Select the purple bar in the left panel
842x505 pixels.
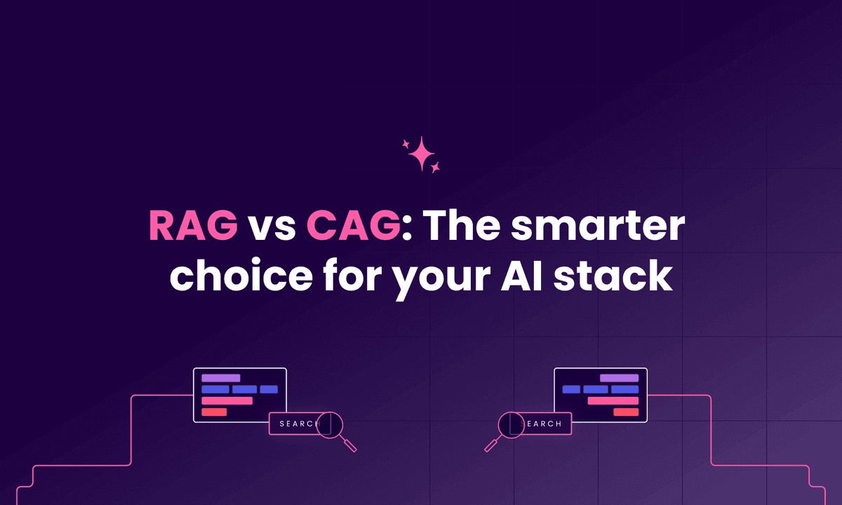pos(220,378)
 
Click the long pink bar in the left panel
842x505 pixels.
pos(227,400)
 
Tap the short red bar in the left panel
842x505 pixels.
pos(214,412)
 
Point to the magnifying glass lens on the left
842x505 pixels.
pos(329,424)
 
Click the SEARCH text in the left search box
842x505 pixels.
pos(299,424)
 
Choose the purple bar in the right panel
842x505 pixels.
pos(619,378)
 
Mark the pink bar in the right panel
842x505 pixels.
pos(613,400)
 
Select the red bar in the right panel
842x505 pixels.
pos(626,412)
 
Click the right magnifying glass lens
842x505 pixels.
pos(511,424)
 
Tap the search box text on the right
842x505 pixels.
pos(544,424)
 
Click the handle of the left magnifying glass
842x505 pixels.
pos(349,444)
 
